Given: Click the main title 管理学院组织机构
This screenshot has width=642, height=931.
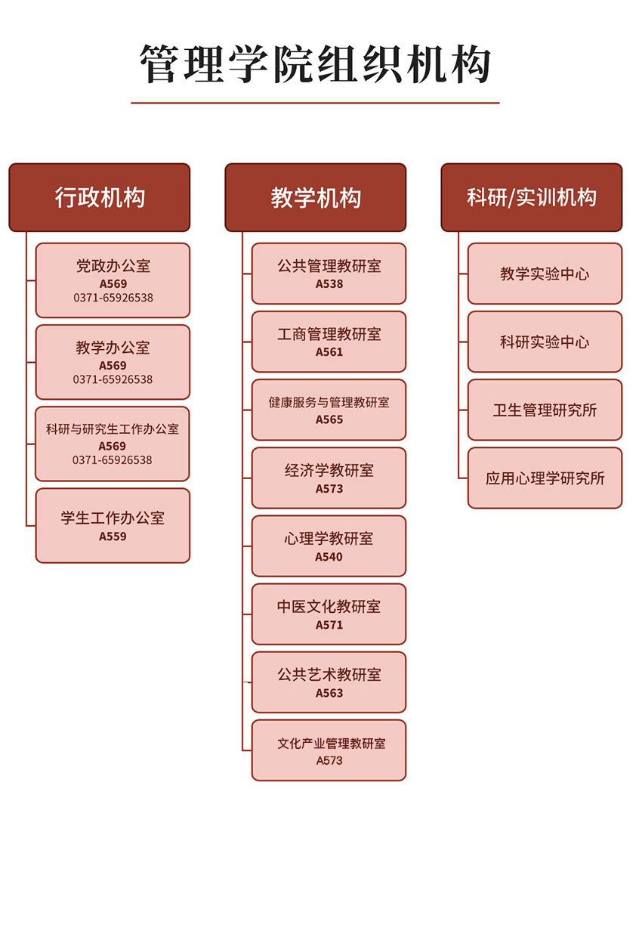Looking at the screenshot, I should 316,65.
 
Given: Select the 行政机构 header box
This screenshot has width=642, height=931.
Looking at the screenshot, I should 100,197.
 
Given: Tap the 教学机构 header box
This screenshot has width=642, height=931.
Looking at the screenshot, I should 316,197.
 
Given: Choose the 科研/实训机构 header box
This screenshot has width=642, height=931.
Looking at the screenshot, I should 532,197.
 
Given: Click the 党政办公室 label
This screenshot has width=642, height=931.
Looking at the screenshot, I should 113,266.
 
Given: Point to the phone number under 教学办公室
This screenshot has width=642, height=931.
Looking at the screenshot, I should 113,379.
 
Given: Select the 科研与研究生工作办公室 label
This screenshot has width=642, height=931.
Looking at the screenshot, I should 113,429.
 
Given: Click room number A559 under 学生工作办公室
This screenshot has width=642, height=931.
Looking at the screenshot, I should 113,537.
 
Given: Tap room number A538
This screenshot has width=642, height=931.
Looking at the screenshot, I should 329,284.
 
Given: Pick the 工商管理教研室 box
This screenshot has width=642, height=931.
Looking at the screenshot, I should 329,342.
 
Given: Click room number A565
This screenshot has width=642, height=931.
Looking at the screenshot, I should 329,419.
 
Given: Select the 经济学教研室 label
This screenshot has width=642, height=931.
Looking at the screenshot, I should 329,471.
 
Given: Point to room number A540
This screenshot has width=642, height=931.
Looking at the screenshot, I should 329,557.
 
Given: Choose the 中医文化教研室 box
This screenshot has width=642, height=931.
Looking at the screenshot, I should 329,614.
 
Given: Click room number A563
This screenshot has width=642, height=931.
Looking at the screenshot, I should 329,693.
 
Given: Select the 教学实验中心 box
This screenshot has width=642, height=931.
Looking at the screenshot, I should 545,274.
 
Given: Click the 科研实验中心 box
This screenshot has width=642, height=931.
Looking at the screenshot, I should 545,342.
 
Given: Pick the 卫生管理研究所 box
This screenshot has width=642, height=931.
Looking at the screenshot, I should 545,410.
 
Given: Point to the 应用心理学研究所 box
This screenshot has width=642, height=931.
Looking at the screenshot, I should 545,478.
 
